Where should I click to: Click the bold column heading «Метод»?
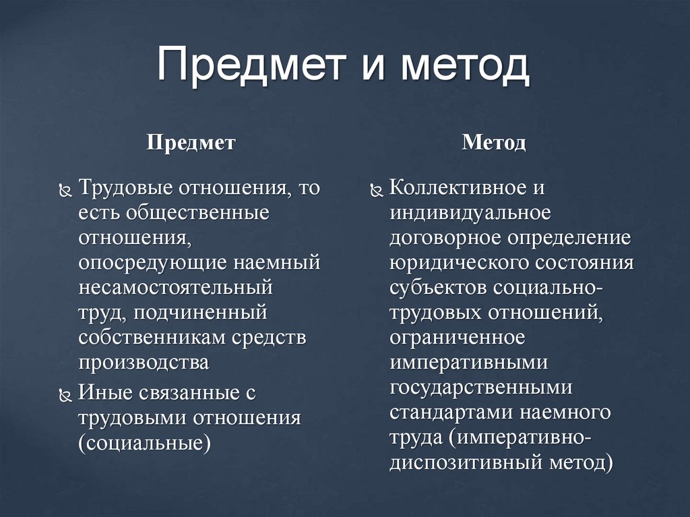coord(494,143)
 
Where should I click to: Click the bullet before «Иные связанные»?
coord(65,394)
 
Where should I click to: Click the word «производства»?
coord(144,362)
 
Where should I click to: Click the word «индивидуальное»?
coord(470,213)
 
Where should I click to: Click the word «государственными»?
coord(481,387)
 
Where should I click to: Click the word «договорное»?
coord(443,238)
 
